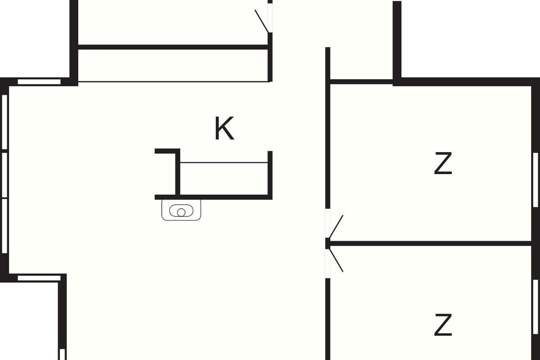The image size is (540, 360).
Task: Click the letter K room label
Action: coord(224,128)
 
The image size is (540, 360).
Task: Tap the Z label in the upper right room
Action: coord(443,163)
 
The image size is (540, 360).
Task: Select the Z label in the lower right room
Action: coord(443,324)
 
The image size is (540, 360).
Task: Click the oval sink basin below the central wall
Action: coord(181,211)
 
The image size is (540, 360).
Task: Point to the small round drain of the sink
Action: coord(181,212)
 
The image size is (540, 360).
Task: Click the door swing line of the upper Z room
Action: coord(336,227)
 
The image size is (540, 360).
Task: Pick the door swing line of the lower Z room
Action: coord(336,260)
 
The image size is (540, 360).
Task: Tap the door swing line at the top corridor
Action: coord(261,21)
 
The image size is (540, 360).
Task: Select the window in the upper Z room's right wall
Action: coord(535,180)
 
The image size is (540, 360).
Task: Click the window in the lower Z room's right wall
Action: coord(535,307)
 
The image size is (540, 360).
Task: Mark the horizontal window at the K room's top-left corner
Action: coord(39,82)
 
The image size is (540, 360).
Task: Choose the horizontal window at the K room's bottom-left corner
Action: coord(39,278)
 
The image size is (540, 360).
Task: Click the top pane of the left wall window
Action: coord(4,122)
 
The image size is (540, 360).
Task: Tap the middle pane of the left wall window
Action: coord(4,175)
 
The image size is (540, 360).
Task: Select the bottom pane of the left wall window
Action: coord(4,226)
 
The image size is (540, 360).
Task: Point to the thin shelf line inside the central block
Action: coord(224,162)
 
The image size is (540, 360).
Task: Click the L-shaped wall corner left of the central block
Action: coord(177,151)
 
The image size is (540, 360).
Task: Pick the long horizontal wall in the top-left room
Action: coord(173,47)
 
